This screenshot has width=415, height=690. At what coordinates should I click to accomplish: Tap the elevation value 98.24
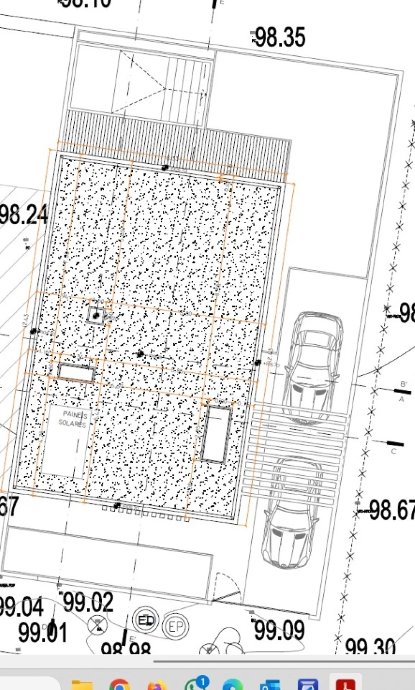(23, 215)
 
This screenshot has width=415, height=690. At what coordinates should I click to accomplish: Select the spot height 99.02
(88, 602)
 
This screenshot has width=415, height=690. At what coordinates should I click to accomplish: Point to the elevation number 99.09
(279, 630)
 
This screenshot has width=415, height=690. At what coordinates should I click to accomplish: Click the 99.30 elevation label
(370, 646)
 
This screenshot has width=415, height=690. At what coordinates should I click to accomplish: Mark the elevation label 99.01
(43, 632)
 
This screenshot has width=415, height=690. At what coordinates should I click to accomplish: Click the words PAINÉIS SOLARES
(74, 419)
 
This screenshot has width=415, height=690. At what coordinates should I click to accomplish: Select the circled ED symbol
(146, 620)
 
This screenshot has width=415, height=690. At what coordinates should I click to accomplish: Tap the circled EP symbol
(176, 627)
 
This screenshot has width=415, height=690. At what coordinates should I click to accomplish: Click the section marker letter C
(393, 451)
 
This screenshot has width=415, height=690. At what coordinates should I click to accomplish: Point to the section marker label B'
(404, 384)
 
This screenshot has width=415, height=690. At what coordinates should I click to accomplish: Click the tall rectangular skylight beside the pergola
(216, 433)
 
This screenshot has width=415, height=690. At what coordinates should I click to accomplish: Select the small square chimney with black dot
(96, 316)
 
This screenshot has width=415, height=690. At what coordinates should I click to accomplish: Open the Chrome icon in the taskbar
(119, 684)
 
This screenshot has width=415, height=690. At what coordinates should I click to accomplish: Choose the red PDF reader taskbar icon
(346, 684)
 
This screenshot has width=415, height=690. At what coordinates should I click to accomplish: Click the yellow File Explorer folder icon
(82, 685)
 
